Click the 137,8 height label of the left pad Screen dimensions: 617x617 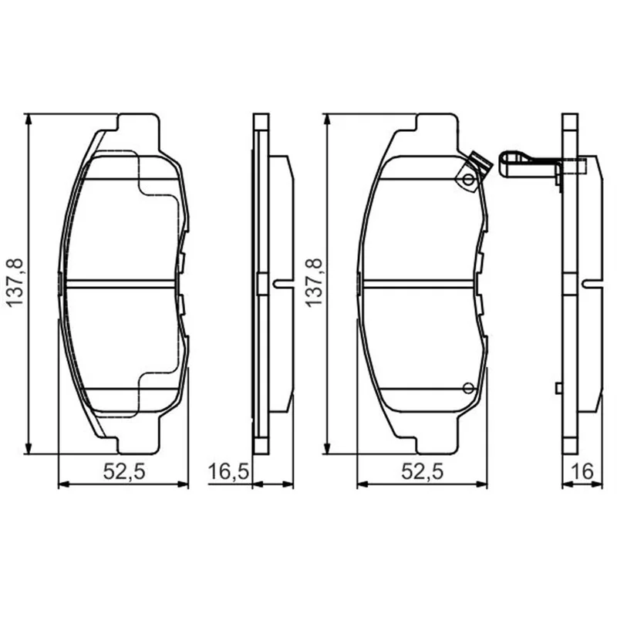[x=16, y=283]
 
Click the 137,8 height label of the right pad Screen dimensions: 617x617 [x=314, y=283]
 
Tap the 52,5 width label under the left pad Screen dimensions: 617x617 [x=124, y=471]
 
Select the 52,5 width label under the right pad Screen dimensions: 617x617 [x=422, y=471]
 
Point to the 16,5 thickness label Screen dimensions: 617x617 [x=228, y=471]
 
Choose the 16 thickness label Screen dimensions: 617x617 [x=582, y=471]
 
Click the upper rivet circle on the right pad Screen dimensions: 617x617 [x=468, y=180]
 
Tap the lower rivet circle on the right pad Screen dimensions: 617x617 [x=468, y=389]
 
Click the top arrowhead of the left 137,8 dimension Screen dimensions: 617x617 [x=28, y=120]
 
